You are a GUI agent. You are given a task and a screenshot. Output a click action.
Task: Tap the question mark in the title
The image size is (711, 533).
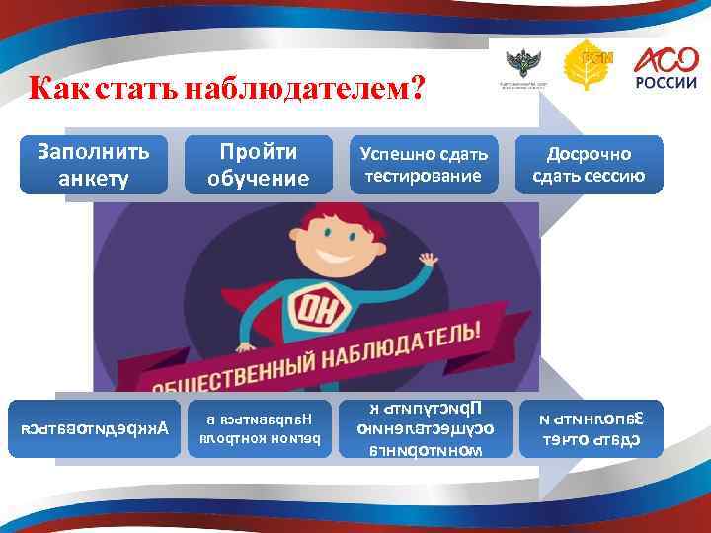(418, 91)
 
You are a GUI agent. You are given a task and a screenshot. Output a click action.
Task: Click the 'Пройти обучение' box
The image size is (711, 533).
(258, 164)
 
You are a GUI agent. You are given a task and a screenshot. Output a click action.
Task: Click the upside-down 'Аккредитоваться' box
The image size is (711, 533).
(96, 429)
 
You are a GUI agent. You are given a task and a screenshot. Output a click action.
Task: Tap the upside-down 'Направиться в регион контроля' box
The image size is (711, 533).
(258, 429)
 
